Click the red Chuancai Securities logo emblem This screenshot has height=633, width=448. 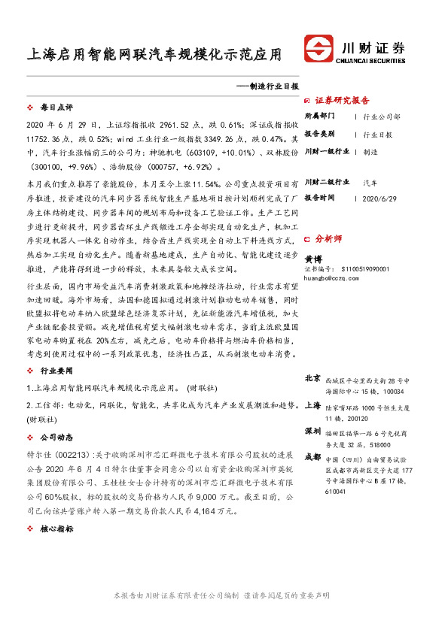point(320,50)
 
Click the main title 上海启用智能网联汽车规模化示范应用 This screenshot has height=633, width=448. point(154,55)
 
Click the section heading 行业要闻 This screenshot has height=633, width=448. point(56,371)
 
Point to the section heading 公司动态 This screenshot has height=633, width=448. point(56,435)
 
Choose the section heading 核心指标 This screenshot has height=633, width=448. point(56,529)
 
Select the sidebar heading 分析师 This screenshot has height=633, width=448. point(328,238)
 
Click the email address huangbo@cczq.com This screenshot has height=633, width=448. point(331,277)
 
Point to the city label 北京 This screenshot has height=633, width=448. point(313,378)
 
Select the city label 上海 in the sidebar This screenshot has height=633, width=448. point(313,405)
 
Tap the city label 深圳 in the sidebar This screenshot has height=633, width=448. point(313,432)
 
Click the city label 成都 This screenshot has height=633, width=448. point(313,456)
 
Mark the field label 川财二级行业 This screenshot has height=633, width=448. point(327,181)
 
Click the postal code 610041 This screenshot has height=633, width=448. point(337,492)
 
